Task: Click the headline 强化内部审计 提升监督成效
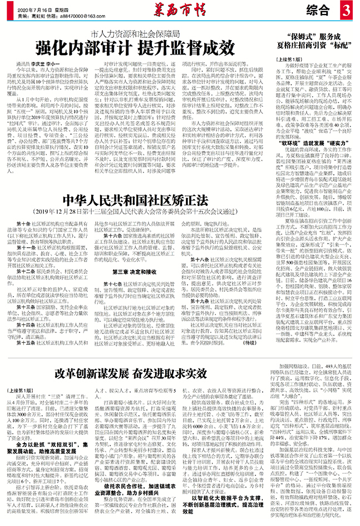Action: (x=134, y=48)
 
